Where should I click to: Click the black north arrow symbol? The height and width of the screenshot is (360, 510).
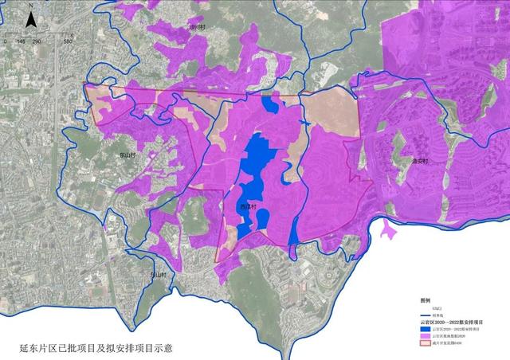[x=29, y=19]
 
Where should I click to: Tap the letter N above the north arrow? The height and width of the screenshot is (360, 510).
[x=29, y=5]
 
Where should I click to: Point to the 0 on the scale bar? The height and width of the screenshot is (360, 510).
[x=5, y=40]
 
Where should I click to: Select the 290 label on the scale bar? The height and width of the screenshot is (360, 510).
[x=37, y=40]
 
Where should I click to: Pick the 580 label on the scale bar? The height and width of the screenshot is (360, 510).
[x=68, y=40]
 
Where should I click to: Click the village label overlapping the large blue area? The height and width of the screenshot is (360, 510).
[x=247, y=206]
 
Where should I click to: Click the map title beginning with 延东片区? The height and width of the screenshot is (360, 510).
[x=96, y=348]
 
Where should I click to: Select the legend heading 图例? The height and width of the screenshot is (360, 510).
[x=426, y=301]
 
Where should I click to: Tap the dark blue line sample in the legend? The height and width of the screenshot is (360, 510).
[x=426, y=315]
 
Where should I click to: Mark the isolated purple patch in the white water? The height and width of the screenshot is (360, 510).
[x=388, y=232]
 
